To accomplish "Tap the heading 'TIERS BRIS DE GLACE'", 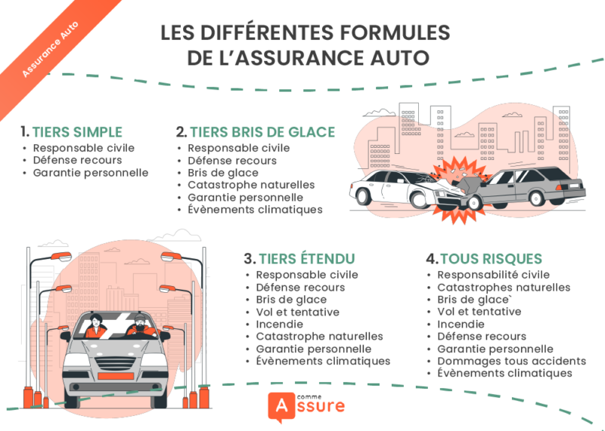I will pos(262,132).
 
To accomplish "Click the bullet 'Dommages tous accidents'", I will pos(511,361).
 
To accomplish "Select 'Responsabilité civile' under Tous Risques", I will pos(493,275).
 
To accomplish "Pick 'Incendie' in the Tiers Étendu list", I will pos(279,324).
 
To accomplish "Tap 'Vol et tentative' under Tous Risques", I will pos(479,312).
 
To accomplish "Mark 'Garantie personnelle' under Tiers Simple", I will pos(90,172).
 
